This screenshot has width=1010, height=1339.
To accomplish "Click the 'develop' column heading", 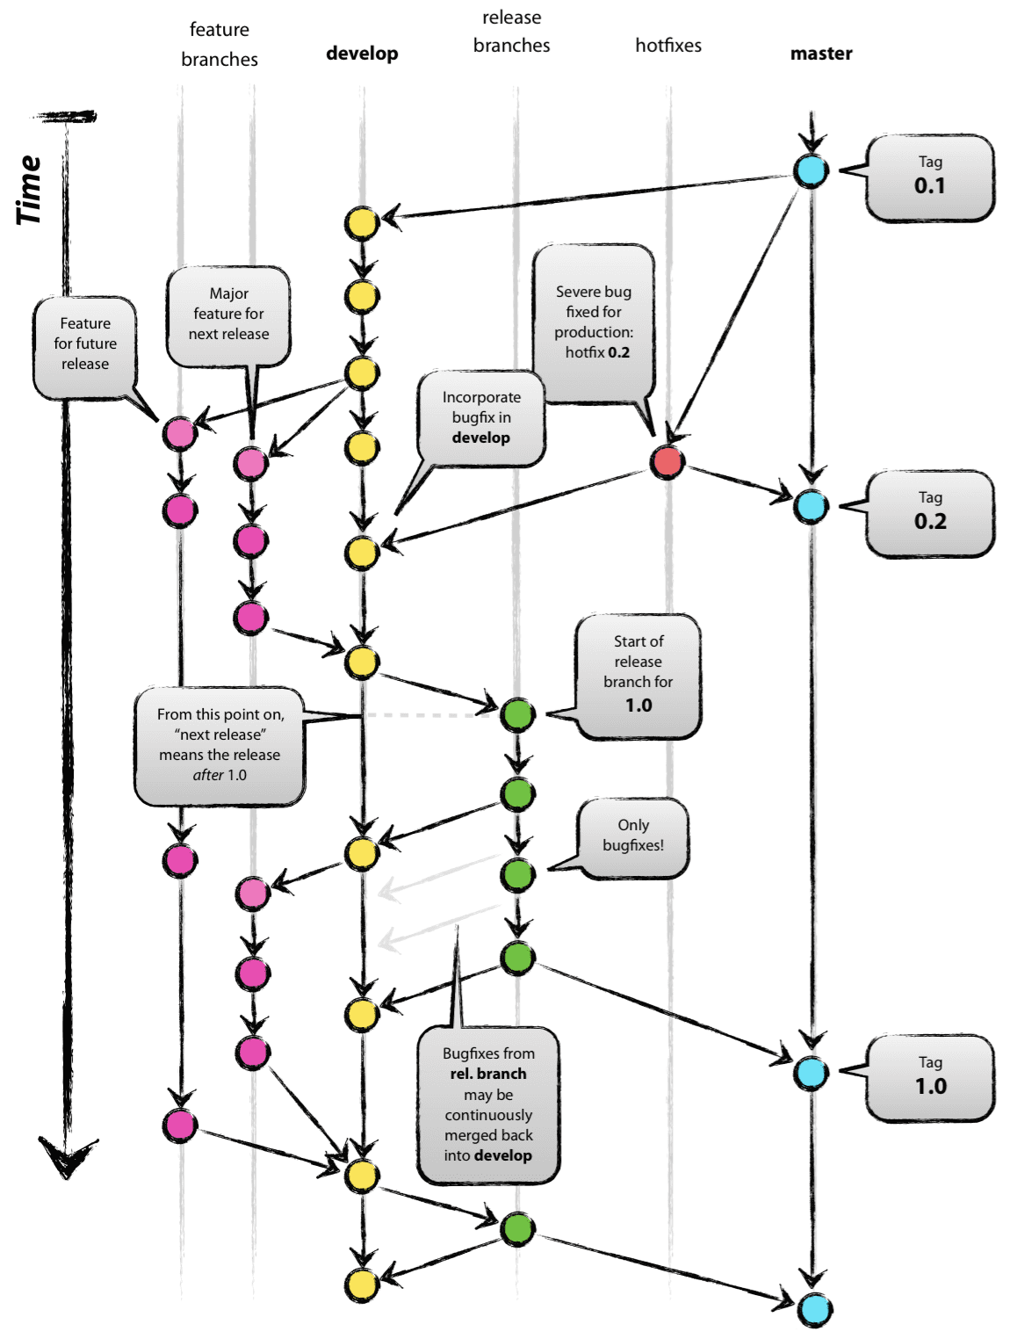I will (362, 54).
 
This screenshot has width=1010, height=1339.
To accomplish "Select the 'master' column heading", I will (820, 54).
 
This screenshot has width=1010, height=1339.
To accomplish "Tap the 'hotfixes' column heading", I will (667, 46).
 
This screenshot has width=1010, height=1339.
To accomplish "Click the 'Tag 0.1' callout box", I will (929, 177).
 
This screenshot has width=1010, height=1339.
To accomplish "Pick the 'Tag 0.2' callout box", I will (929, 513).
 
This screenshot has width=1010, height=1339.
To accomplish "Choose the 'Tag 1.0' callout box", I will (929, 1078).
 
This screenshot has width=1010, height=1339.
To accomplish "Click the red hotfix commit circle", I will (667, 461).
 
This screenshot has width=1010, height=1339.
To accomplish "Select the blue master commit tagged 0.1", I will (811, 170).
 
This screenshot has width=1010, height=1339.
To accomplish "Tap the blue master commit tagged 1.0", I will (811, 1073).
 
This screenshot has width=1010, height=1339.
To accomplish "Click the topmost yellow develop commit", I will (361, 223).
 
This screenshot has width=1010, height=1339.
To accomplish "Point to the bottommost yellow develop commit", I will (361, 1285).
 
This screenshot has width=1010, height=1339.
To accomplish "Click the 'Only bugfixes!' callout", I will (632, 836).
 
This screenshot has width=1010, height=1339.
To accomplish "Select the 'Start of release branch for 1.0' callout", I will (638, 675).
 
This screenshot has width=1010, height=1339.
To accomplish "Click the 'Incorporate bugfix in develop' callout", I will (481, 418).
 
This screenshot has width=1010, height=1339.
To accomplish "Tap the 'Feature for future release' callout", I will (85, 345).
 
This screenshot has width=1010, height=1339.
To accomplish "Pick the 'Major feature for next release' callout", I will (228, 315).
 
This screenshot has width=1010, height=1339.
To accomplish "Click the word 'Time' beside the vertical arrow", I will (28, 190).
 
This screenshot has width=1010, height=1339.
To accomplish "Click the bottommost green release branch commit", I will (517, 1228).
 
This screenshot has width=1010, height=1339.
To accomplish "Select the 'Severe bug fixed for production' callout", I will (595, 323).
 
